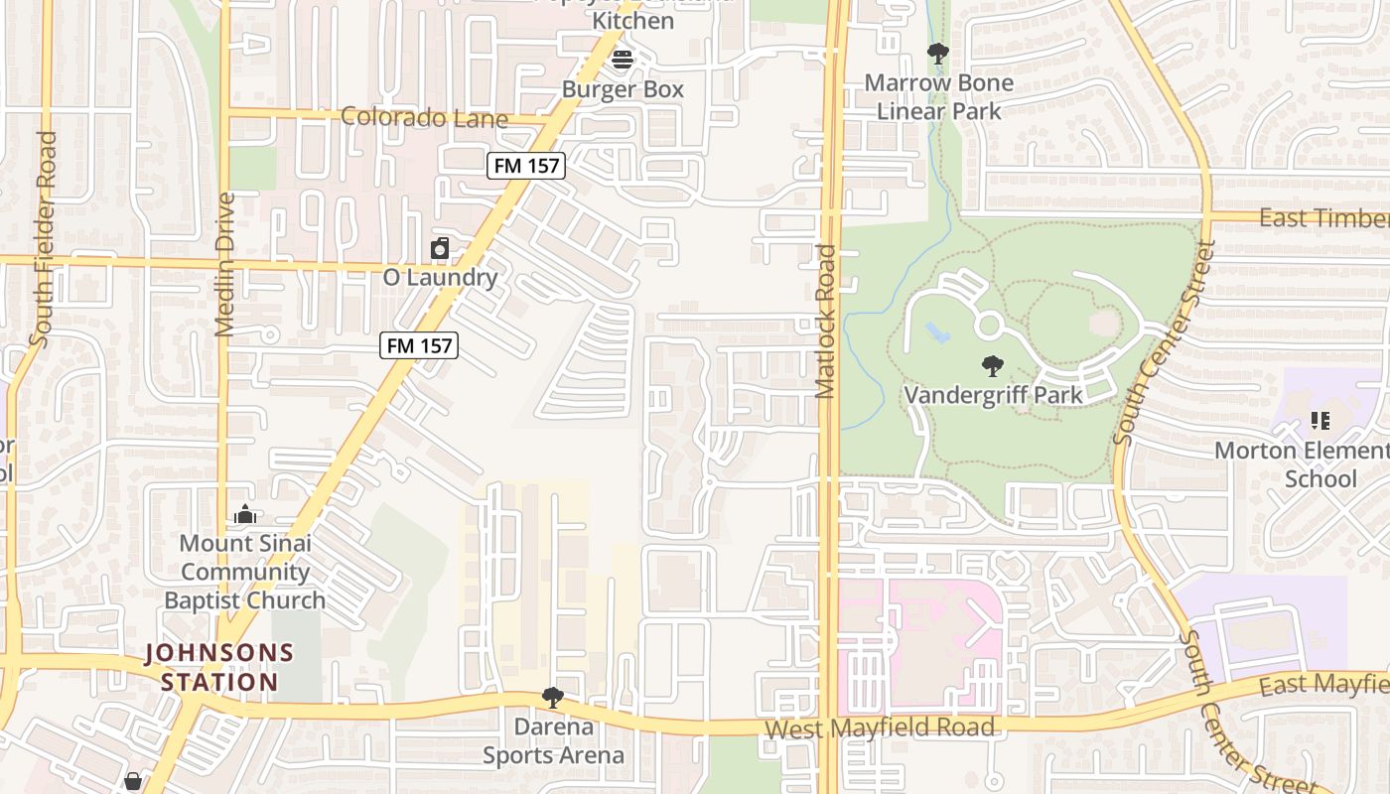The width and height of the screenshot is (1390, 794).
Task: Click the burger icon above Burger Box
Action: point(623,60)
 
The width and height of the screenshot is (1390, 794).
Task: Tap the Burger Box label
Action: point(623,89)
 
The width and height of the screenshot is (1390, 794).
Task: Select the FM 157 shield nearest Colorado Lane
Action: point(526,166)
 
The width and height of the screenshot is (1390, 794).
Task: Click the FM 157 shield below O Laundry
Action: point(419,345)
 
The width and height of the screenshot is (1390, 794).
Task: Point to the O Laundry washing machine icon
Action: point(440,248)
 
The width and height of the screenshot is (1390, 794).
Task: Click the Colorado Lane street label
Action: point(424,118)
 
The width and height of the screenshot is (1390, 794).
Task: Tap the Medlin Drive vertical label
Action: point(224,264)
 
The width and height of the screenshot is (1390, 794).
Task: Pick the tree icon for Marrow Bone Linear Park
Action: point(937,54)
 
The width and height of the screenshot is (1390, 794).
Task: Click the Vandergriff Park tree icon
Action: point(992,367)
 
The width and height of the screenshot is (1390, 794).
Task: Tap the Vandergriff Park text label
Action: point(993,395)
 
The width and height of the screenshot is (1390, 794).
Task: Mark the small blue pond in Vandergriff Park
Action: point(935,332)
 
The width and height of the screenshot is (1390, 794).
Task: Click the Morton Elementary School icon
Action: point(1320,421)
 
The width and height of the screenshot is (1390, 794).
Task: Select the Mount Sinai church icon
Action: point(245,514)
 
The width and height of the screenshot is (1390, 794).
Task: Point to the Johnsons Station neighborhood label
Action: point(219,668)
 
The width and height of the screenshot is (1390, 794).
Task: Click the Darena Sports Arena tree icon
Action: point(553,698)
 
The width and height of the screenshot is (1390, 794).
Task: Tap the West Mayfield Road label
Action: point(879,728)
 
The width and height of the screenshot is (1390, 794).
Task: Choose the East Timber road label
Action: point(1323,218)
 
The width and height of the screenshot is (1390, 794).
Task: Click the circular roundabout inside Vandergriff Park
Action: point(989,325)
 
